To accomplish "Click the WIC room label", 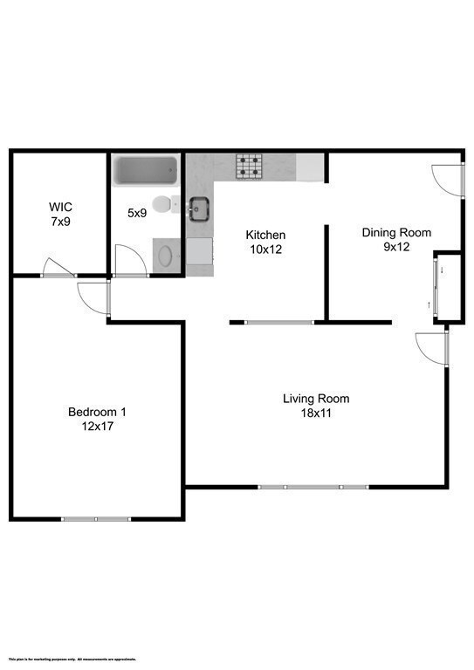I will pyautogui.click(x=60, y=208).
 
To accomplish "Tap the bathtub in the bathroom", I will pyautogui.click(x=146, y=171).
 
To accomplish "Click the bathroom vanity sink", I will pyautogui.click(x=164, y=256).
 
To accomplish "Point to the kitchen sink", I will pyautogui.click(x=199, y=209).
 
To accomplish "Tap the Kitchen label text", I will pyautogui.click(x=265, y=236).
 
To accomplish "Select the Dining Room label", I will pyautogui.click(x=396, y=233).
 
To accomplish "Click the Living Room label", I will pyautogui.click(x=316, y=400).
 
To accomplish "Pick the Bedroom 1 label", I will pyautogui.click(x=98, y=412).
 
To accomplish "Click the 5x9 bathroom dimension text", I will pyautogui.click(x=138, y=213).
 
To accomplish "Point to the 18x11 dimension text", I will pyautogui.click(x=316, y=414).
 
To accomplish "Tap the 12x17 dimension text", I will pyautogui.click(x=98, y=427).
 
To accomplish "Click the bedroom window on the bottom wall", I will pyautogui.click(x=95, y=519).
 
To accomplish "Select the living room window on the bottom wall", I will pyautogui.click(x=313, y=486).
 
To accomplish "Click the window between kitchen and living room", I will pyautogui.click(x=278, y=322).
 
